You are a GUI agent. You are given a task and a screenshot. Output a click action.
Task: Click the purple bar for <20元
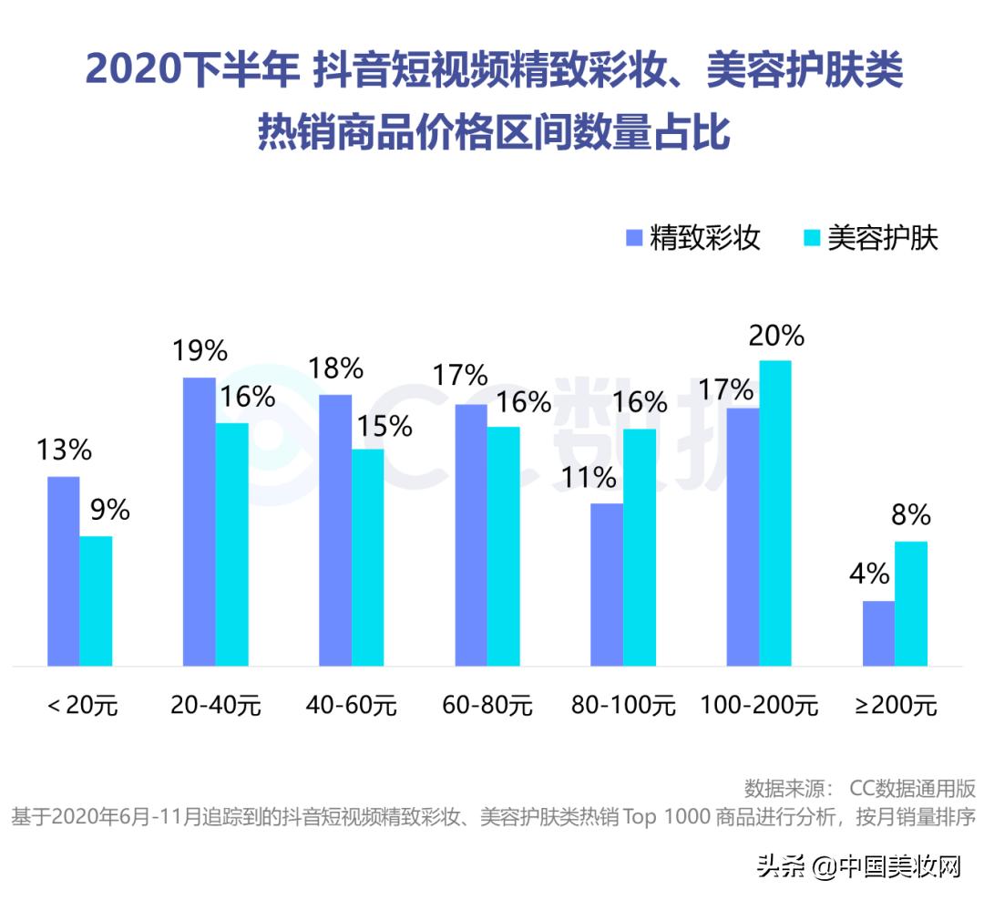tap(63, 571)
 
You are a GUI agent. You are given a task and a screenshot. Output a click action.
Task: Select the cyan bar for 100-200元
tap(775, 513)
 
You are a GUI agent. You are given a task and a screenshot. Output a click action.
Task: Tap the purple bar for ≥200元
tap(878, 633)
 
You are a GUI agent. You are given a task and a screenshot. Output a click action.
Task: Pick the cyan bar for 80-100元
tap(640, 547)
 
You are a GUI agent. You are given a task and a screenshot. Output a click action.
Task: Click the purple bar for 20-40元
tap(200, 521)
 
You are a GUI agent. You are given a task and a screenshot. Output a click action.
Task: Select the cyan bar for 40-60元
tap(368, 556)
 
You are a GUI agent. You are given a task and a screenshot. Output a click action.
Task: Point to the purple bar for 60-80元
tap(471, 534)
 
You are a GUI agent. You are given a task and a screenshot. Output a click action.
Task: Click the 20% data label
tap(775, 337)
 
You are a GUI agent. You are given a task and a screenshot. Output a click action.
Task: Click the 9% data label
tap(109, 510)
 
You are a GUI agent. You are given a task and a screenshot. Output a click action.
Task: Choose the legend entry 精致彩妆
tap(693, 238)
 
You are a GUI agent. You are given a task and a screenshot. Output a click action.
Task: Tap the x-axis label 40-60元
tap(353, 705)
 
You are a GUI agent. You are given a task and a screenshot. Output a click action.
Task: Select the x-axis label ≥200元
tap(896, 705)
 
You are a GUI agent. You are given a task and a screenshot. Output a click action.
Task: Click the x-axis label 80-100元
tap(624, 705)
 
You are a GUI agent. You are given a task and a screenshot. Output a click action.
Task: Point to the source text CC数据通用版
tap(911, 788)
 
